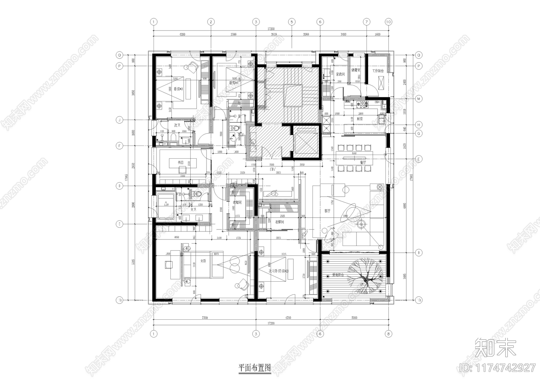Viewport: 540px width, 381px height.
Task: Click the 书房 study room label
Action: click(x=181, y=162)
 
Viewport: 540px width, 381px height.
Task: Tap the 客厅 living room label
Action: click(x=327, y=211)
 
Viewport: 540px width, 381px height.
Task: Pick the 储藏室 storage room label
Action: click(x=356, y=70)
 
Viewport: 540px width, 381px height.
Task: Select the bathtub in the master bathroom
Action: click(x=165, y=205)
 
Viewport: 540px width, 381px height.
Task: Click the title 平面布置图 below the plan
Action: click(x=254, y=368)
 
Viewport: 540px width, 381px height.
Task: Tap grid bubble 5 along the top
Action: click(x=292, y=22)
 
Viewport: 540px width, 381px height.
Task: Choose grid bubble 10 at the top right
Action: click(x=388, y=22)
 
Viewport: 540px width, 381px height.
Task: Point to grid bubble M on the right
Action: click(x=419, y=99)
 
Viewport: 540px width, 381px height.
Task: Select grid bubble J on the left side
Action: click(x=119, y=120)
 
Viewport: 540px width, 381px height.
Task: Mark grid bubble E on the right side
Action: click(x=419, y=159)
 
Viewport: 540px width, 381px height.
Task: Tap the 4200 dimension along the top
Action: click(x=182, y=34)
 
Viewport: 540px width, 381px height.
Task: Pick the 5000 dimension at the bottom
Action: click(x=354, y=317)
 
